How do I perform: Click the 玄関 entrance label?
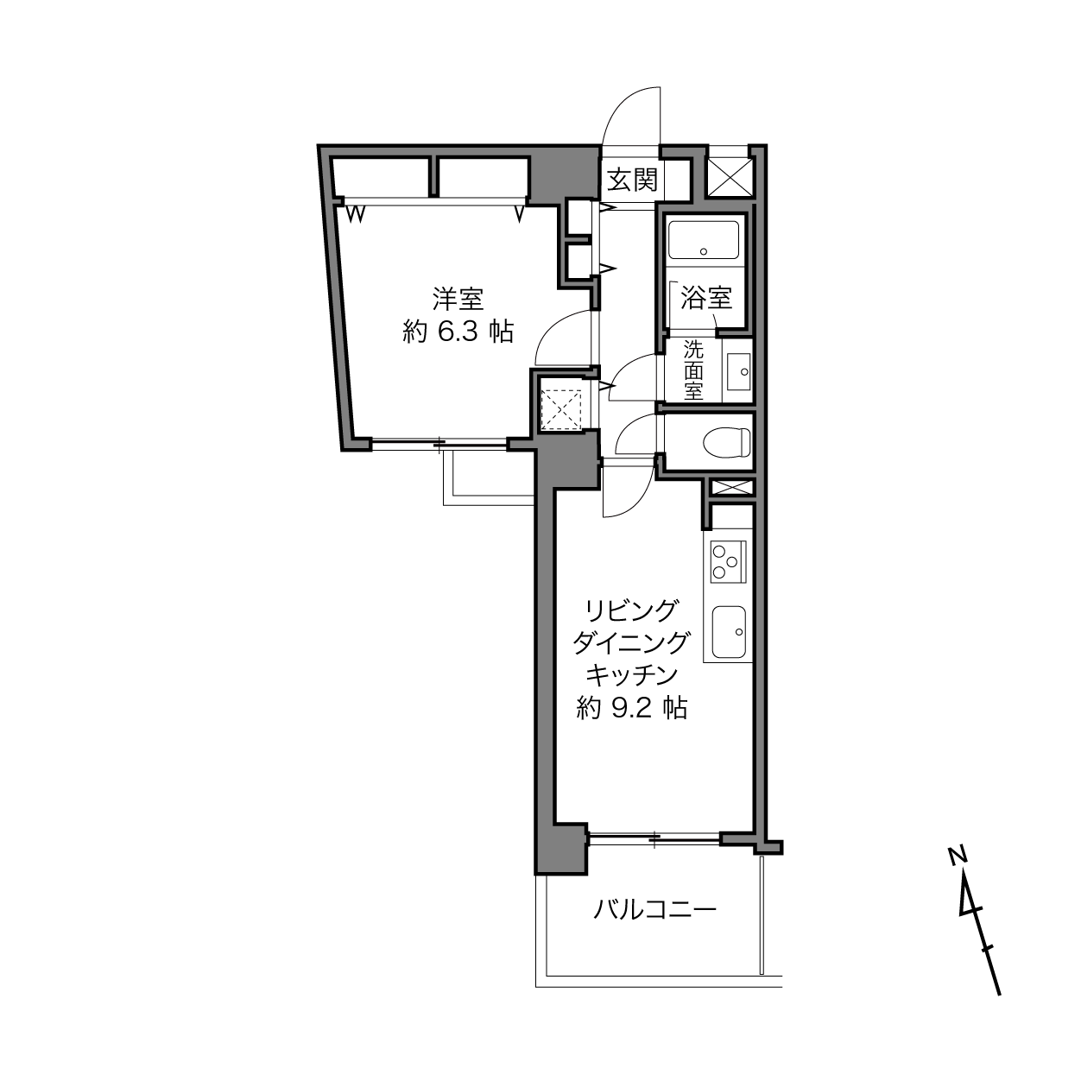(633, 180)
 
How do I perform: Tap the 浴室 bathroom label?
(706, 298)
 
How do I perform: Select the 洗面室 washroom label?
(693, 370)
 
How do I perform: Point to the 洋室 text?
(458, 299)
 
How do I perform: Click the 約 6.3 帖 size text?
(458, 332)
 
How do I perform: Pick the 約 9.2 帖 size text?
(632, 709)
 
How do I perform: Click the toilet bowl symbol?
(727, 442)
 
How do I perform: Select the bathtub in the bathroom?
(704, 240)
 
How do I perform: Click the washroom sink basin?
(739, 371)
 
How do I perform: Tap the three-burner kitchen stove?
(728, 561)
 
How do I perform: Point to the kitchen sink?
(729, 632)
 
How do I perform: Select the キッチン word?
(632, 675)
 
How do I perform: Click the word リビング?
(631, 610)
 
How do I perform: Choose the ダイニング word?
(631, 643)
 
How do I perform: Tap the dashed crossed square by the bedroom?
(561, 410)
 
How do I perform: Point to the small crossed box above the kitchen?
(731, 488)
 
